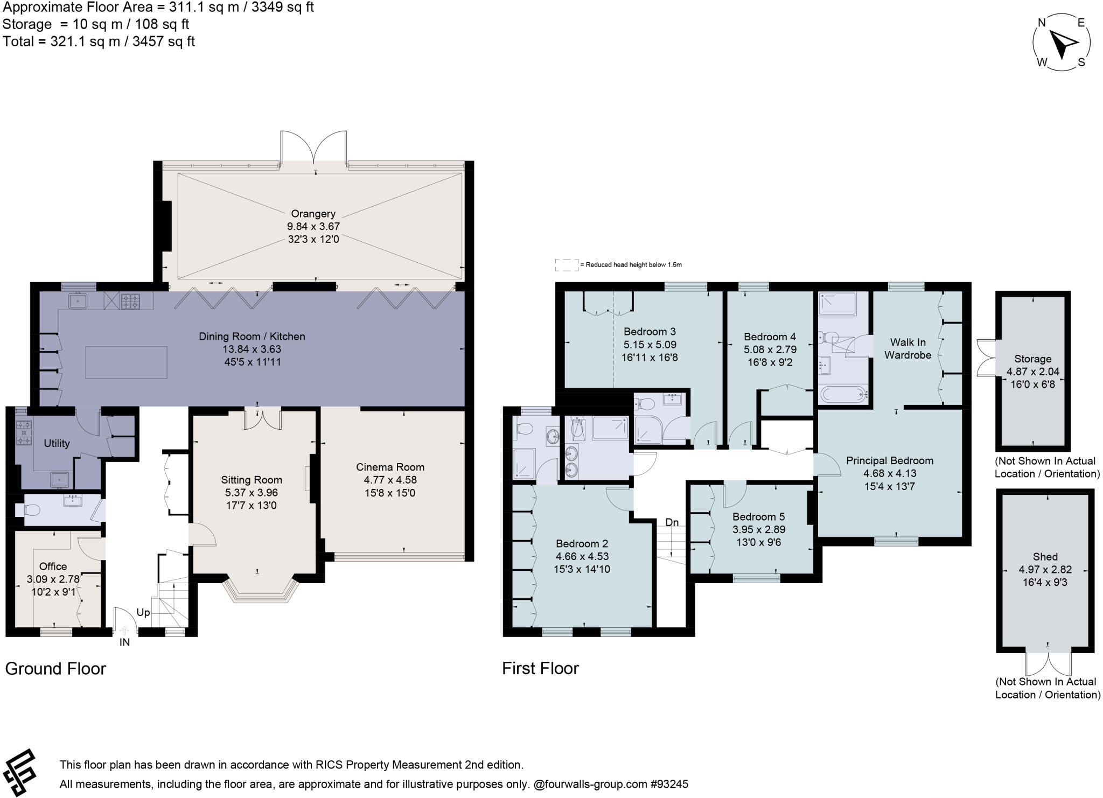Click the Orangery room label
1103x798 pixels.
[313, 214]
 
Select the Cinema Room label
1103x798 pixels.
[390, 467]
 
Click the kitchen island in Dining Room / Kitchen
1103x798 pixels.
[126, 362]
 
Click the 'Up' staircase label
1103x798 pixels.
[143, 613]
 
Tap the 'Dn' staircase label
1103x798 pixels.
[672, 522]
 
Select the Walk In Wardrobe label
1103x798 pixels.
[907, 348]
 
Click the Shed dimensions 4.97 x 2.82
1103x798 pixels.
[1045, 570]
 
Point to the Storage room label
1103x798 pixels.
[1032, 359]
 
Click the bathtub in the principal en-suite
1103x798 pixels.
[843, 395]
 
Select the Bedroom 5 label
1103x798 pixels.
[754, 516]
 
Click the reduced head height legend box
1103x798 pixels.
[566, 265]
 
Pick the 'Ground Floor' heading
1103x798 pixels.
[55, 668]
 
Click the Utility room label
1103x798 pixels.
[57, 443]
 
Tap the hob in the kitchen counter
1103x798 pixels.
[130, 300]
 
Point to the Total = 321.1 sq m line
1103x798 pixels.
[99, 41]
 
